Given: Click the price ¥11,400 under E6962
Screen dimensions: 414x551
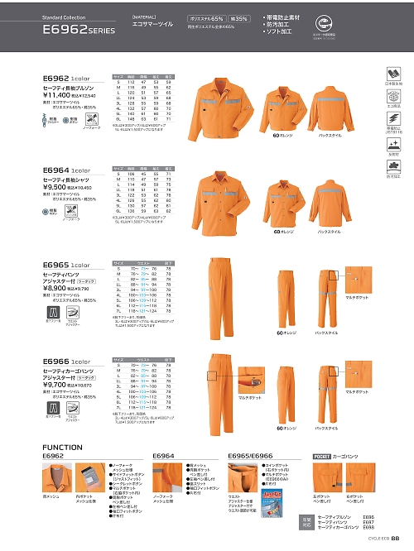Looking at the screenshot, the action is pos(58,96).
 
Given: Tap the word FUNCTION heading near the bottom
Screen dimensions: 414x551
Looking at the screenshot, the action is pos(63,447).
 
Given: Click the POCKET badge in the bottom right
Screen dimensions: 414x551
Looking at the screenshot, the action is pos(323,456).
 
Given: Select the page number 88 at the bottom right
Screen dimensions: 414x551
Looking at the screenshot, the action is pos(397,539).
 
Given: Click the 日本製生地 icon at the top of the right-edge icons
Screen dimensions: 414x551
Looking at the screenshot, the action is pos(394,76).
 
